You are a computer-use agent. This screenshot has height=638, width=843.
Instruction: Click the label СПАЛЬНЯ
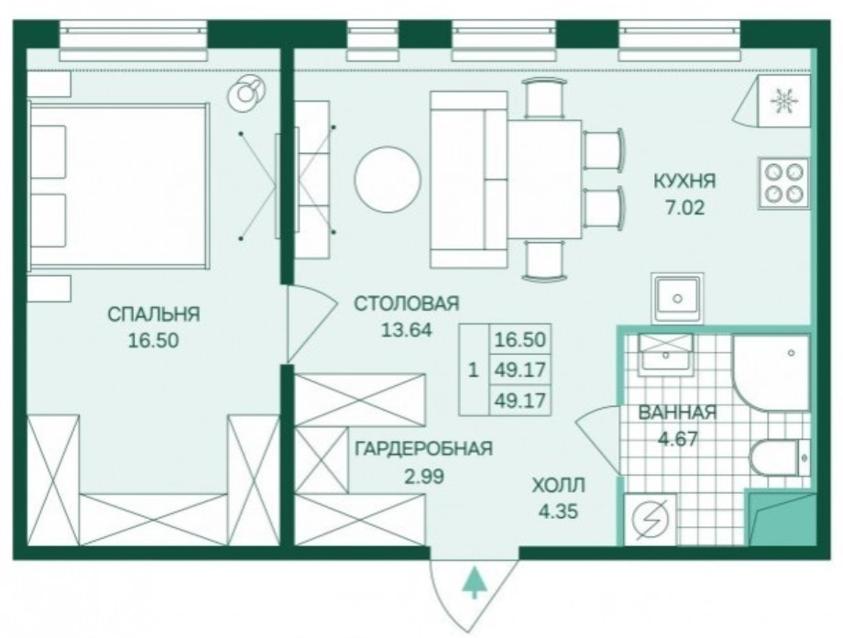(x=154, y=314)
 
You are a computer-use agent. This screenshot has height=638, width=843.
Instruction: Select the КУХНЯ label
(x=684, y=181)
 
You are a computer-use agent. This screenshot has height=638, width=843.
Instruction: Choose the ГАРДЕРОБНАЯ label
(x=423, y=448)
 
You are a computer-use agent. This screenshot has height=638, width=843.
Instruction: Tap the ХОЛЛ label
(x=558, y=485)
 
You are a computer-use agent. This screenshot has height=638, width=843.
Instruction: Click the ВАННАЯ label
(x=677, y=412)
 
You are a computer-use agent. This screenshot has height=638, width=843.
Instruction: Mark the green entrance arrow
(x=474, y=583)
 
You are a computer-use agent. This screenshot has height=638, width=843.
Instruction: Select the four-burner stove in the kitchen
(x=783, y=182)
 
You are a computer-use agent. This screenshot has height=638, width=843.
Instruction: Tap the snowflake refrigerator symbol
(x=782, y=101)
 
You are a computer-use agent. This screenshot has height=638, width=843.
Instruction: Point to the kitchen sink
(x=677, y=298)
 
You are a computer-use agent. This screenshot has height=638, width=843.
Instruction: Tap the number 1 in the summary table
(x=472, y=371)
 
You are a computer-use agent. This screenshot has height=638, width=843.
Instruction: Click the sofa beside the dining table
(x=467, y=179)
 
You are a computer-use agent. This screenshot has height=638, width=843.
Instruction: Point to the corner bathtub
(x=771, y=371)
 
